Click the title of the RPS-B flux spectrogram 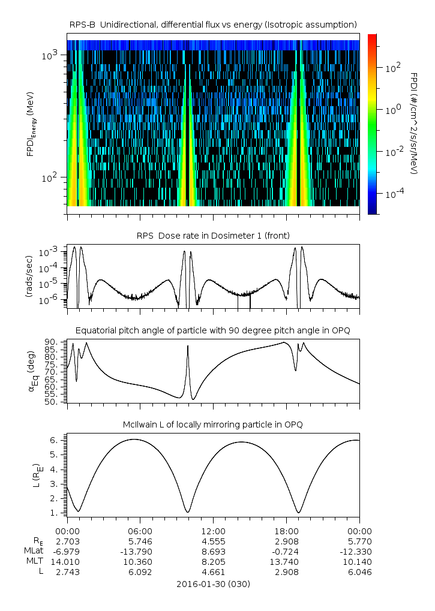pos(213,24)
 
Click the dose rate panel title pos(213,235)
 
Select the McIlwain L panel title pos(213,425)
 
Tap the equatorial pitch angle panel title pos(213,330)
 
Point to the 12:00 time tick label pos(213,531)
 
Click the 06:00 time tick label pos(140,531)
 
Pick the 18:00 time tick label pos(286,531)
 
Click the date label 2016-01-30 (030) pos(213,583)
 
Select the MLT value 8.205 pos(213,562)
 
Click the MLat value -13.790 pos(140,552)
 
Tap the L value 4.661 pos(213,572)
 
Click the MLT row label pos(34,562)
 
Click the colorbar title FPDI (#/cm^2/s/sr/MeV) pos(414,123)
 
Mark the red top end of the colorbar pos(372,37)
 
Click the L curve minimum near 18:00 pos(299,512)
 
